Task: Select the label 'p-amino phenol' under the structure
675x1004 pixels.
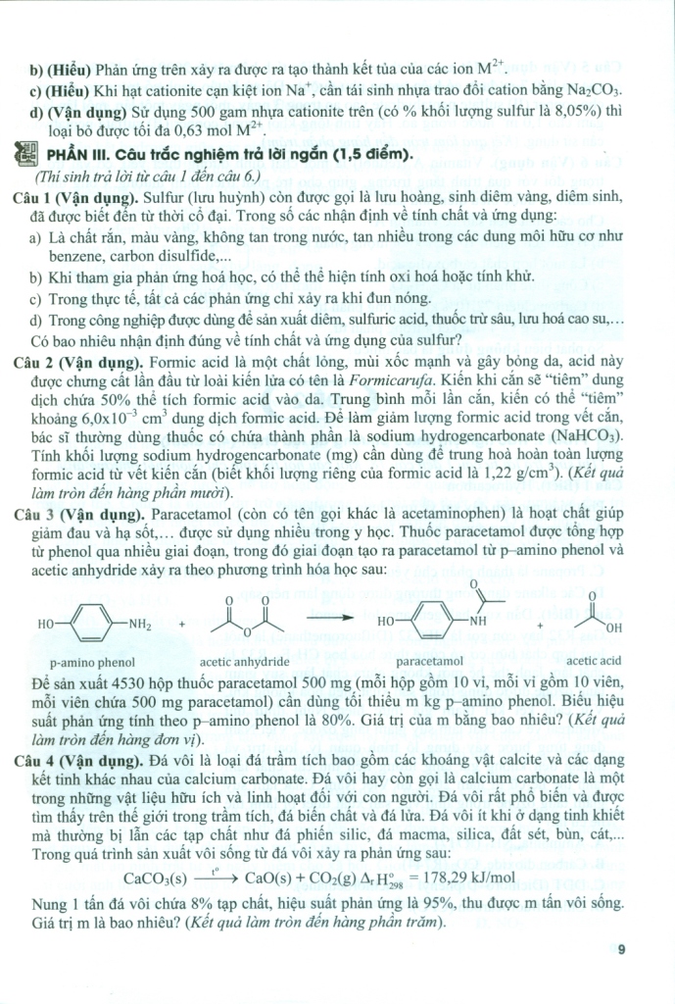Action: [x=84, y=662]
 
